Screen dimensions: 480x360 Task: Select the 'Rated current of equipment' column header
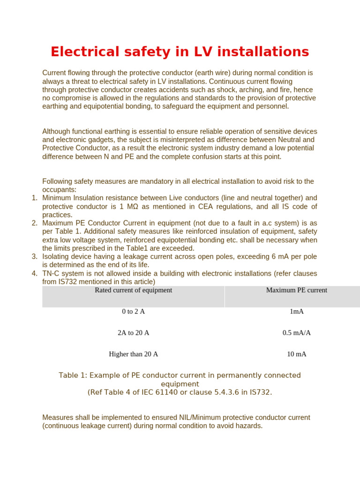tap(133, 290)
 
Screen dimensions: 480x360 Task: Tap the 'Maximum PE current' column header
tap(296, 290)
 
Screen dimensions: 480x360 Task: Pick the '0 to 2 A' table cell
tap(133, 311)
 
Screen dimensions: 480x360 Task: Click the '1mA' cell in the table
tap(297, 311)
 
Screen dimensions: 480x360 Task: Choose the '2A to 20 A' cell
tap(133, 333)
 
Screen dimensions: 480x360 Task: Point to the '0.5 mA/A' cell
tap(297, 333)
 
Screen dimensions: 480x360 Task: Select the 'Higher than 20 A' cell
tap(133, 354)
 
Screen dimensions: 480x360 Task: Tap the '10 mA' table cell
tap(297, 354)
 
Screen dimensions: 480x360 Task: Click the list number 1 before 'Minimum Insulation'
tap(34, 198)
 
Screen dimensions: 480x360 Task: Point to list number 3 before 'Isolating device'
tap(34, 256)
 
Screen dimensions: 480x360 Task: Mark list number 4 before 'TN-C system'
tap(34, 273)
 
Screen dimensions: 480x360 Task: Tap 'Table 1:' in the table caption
tap(73, 375)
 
